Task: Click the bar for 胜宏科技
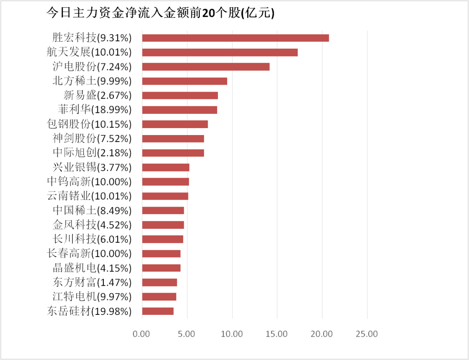click(235, 38)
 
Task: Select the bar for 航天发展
click(220, 53)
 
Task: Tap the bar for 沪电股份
click(206, 67)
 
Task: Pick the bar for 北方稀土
click(185, 81)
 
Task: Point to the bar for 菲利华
click(179, 110)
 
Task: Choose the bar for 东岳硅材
click(158, 311)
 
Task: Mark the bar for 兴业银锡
click(165, 167)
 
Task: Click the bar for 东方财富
click(159, 282)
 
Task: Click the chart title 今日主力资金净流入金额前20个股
click(160, 13)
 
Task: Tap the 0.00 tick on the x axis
click(142, 334)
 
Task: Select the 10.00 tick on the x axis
click(232, 334)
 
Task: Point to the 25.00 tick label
click(367, 334)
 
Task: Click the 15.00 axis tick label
click(277, 334)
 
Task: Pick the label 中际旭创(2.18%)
click(92, 153)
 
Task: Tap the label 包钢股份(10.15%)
click(89, 124)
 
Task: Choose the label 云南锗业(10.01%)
click(89, 196)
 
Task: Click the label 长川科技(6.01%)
click(92, 239)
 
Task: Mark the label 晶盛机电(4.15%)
click(92, 268)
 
